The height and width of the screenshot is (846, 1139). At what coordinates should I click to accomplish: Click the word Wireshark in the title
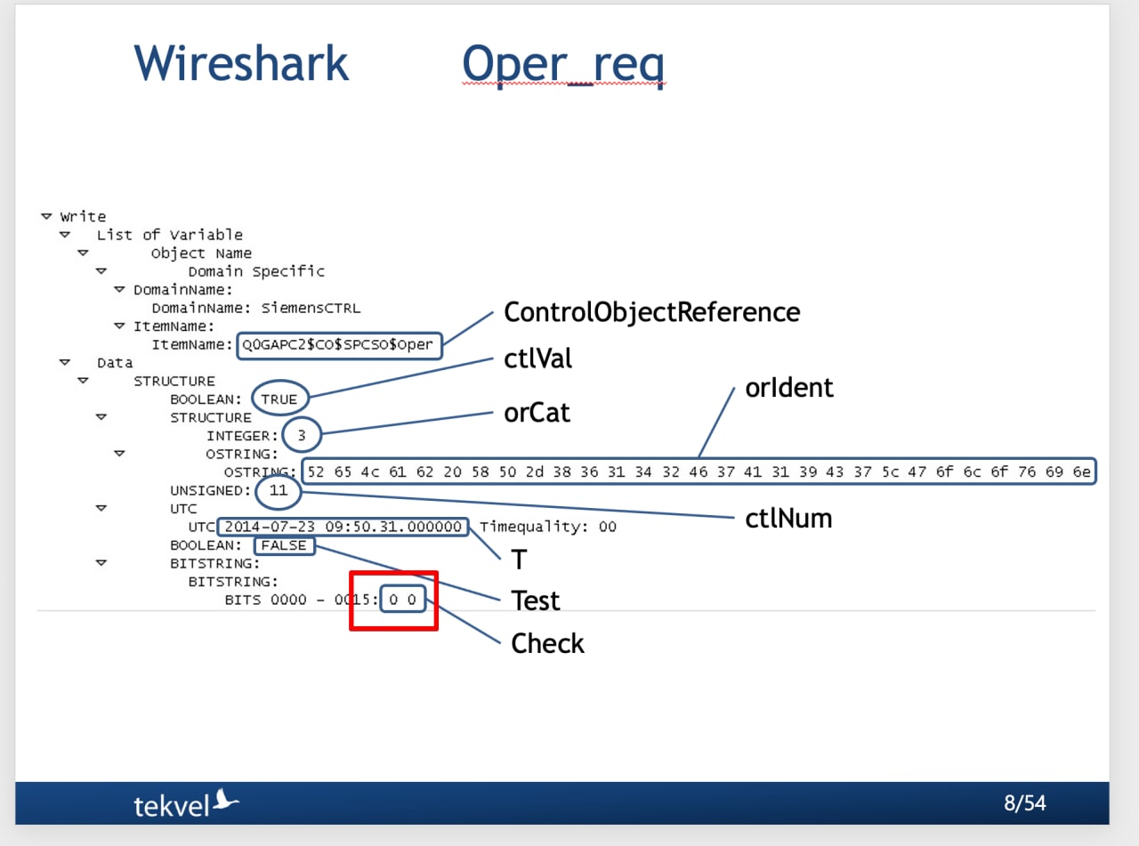(x=241, y=63)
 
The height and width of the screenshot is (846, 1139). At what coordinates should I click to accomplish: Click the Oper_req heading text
(x=563, y=65)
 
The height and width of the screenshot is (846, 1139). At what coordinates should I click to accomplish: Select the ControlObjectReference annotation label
(x=651, y=312)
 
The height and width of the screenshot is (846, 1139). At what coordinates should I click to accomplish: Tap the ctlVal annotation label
(x=537, y=359)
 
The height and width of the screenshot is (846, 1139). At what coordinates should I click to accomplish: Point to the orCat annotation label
(x=537, y=413)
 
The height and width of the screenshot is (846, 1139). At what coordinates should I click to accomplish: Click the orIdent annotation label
(x=788, y=388)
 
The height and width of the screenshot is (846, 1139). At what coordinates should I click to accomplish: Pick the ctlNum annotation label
(x=788, y=519)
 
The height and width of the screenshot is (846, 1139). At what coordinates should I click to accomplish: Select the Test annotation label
(x=535, y=600)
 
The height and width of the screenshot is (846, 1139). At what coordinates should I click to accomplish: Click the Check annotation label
(x=547, y=643)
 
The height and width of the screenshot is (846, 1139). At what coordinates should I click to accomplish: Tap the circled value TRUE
(x=279, y=399)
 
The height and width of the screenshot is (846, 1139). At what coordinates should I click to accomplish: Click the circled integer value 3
(x=302, y=435)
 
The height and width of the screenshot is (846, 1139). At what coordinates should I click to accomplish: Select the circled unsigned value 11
(x=279, y=490)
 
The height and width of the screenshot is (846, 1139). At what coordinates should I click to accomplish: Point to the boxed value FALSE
(x=284, y=545)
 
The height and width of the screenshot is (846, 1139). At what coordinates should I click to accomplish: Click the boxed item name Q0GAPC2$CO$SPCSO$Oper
(x=337, y=344)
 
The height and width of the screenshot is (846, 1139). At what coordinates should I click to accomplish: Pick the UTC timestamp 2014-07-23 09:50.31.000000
(x=343, y=527)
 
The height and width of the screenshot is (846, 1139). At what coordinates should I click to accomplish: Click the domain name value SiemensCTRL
(x=311, y=308)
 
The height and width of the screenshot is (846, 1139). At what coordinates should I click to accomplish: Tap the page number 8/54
(x=1024, y=803)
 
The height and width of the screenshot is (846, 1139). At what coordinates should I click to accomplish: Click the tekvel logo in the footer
(x=186, y=803)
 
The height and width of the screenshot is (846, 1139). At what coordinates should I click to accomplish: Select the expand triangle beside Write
(x=46, y=216)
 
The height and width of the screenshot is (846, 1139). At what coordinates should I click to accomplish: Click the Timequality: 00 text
(x=548, y=527)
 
